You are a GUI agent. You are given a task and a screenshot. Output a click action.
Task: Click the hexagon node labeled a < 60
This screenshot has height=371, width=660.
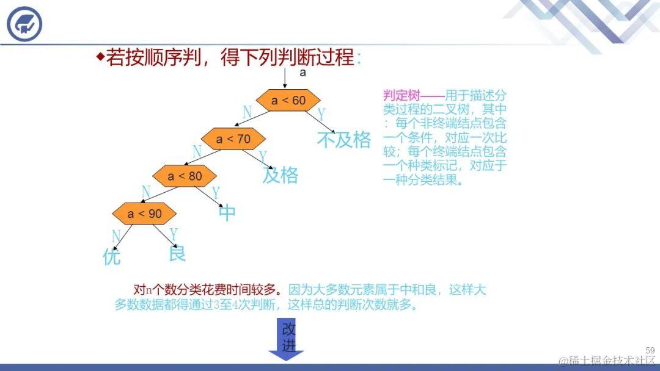(288, 101)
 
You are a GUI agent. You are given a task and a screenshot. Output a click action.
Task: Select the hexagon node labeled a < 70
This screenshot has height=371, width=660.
(233, 139)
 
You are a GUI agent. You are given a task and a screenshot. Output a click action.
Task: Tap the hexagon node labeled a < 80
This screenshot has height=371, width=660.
(185, 176)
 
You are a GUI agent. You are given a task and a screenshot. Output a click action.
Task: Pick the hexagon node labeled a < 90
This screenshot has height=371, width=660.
(145, 214)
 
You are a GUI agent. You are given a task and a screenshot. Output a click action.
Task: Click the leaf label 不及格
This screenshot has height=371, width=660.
(344, 140)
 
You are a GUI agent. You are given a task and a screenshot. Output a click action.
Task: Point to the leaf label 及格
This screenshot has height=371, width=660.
(280, 176)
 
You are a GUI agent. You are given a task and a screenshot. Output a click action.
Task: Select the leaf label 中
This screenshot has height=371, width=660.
(227, 213)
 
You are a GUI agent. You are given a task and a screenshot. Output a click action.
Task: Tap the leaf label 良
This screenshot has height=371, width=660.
(177, 253)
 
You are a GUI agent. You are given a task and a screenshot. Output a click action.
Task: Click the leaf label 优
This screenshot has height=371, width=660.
(112, 257)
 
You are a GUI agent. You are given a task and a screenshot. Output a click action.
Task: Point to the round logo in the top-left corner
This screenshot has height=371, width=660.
(25, 24)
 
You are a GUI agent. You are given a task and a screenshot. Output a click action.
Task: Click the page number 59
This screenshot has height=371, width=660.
(650, 350)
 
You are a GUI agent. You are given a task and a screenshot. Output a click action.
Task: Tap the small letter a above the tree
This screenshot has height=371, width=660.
(302, 73)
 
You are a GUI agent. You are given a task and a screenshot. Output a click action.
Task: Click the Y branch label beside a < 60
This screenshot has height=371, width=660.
(321, 115)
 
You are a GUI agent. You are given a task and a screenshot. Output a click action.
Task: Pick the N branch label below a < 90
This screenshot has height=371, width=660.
(116, 237)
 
